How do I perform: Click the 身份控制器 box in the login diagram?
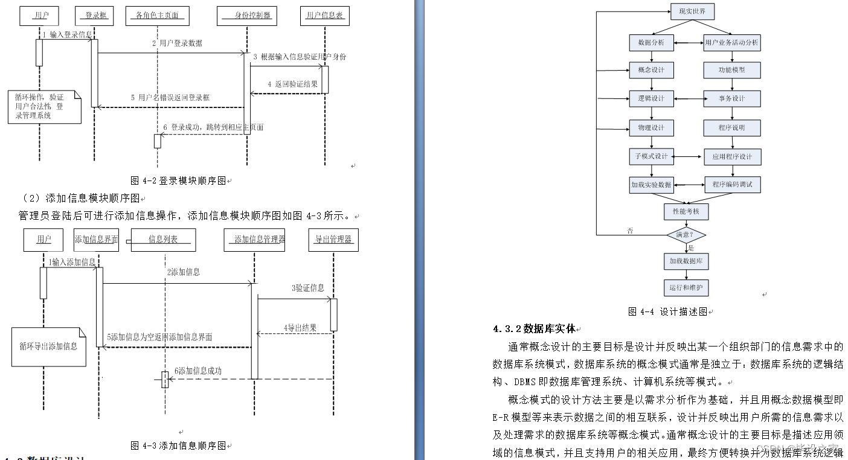tap(247, 16)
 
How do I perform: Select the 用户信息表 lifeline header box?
tap(325, 16)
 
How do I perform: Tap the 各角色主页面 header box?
tap(157, 16)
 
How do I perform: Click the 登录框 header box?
tap(95, 16)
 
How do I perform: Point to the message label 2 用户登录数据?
tap(177, 43)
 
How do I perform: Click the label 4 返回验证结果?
tap(292, 85)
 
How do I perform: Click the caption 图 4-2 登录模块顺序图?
tap(178, 180)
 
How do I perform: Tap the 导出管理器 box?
tap(333, 240)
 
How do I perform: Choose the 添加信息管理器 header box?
tap(254, 240)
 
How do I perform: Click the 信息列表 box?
tap(163, 240)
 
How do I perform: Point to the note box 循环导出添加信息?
tap(48, 347)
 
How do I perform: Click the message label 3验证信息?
tap(308, 289)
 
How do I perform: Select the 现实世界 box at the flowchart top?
tap(687, 11)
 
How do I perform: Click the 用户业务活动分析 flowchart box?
tap(731, 43)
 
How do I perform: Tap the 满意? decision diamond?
tap(686, 234)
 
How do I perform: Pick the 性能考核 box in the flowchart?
tap(686, 211)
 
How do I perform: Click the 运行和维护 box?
tap(686, 287)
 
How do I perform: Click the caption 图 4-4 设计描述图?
tap(667, 312)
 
